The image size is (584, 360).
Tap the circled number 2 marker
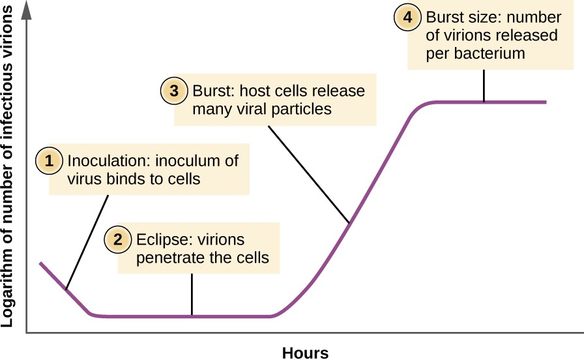(x=118, y=239)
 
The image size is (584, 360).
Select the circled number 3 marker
(x=174, y=91)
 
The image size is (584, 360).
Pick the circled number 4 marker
(x=407, y=18)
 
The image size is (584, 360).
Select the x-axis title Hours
(x=305, y=353)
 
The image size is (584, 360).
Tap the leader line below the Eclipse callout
(x=192, y=294)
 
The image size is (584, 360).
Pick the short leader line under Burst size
(x=484, y=85)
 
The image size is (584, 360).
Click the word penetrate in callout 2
(x=169, y=258)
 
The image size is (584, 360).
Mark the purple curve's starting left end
(x=41, y=263)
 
